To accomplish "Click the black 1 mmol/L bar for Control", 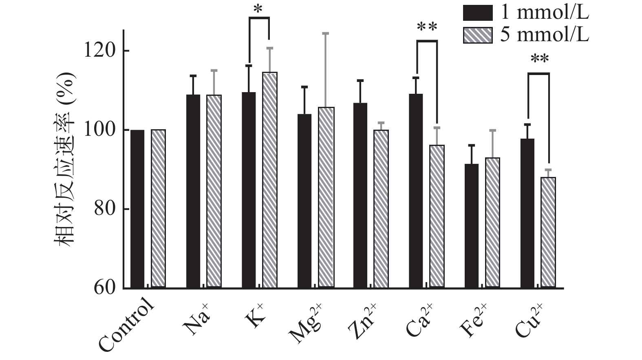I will tap(137, 209).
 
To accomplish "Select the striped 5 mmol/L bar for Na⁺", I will tap(214, 192).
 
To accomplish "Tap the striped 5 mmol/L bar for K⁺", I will tap(269, 180).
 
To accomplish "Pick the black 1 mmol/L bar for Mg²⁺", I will tap(304, 201).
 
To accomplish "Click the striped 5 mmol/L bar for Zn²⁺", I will tap(381, 209).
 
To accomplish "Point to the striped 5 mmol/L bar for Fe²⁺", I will tap(492, 223).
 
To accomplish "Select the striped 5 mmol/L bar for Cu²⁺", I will tap(548, 232).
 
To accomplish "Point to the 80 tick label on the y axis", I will tap(105, 209).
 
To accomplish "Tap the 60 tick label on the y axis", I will tap(105, 288).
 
